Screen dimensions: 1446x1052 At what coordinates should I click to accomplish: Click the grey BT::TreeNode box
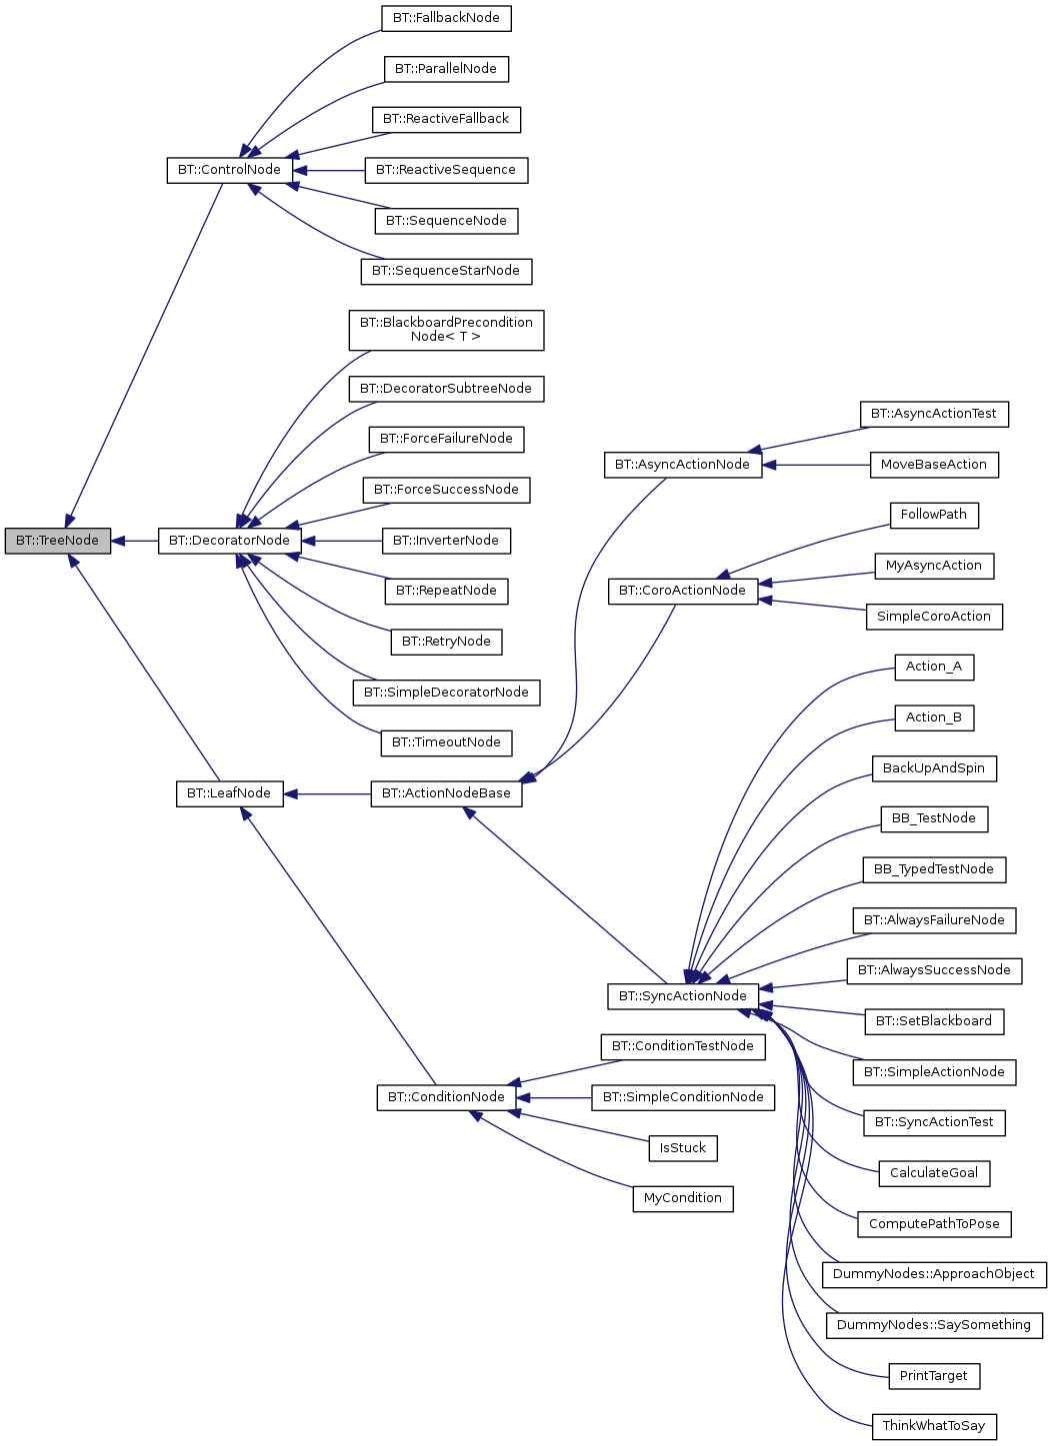57,541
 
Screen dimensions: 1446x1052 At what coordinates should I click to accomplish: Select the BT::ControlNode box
229,170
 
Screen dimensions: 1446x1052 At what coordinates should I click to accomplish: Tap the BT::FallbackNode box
446,18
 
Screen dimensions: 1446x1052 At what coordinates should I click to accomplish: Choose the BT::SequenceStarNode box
446,271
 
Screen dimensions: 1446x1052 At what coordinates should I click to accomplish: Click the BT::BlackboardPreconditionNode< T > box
446,330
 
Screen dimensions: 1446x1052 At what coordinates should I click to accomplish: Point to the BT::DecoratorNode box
229,541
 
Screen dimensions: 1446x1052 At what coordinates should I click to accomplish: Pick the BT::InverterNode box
446,541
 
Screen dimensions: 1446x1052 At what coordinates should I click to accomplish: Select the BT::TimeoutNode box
446,742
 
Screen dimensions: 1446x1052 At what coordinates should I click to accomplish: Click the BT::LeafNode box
229,793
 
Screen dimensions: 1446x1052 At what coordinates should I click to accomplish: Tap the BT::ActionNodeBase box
446,793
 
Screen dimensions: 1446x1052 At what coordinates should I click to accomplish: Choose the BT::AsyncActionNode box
682,465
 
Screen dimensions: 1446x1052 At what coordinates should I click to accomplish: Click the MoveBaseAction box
933,465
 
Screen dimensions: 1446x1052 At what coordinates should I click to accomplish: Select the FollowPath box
933,515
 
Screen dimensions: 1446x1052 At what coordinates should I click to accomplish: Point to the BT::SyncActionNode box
682,996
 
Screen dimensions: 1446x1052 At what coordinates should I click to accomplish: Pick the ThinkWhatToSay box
933,1426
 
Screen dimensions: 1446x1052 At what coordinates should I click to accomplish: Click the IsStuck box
682,1148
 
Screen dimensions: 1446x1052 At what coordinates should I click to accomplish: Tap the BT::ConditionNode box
446,1097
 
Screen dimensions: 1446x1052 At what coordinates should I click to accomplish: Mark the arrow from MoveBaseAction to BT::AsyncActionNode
815,465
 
